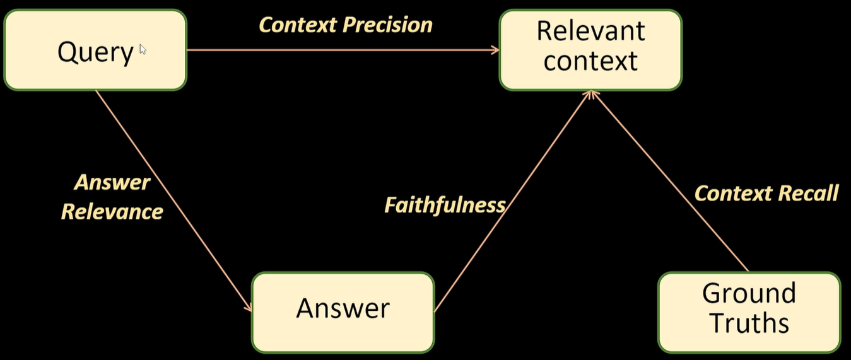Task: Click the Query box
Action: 95,50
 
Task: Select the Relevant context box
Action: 590,50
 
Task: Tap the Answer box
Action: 343,312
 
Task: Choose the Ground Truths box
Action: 749,312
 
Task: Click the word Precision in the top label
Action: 387,25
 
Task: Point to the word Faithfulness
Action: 445,206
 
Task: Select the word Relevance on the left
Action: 112,212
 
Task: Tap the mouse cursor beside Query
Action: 143,49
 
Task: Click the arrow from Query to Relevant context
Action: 343,50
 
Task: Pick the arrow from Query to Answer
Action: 173,201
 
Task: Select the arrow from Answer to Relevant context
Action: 512,201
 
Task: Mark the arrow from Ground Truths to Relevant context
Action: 669,181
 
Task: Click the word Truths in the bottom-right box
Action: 749,323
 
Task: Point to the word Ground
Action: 749,293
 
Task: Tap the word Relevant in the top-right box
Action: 590,31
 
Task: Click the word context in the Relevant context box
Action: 590,61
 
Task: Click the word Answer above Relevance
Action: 112,183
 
